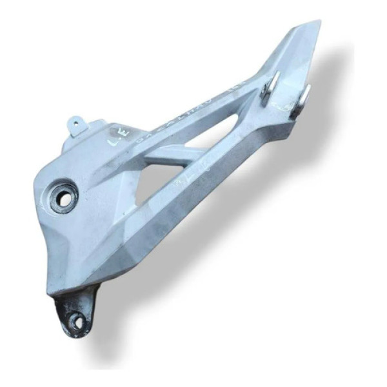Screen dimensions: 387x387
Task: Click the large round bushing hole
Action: [x=64, y=197]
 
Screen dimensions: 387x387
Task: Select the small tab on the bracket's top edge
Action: [x=76, y=121]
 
